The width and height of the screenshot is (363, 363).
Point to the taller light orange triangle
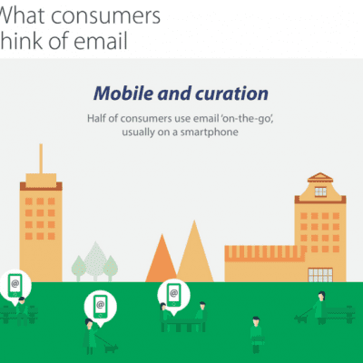194,252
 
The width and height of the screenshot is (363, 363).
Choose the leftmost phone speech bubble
15,285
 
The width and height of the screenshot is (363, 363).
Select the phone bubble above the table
171,292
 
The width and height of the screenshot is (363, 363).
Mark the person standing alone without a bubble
256,333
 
